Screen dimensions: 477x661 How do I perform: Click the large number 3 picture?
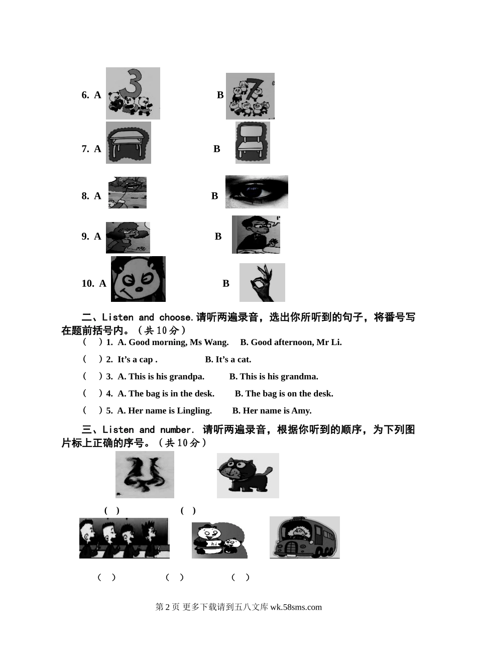(x=133, y=93)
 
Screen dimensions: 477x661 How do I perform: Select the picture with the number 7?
(x=250, y=96)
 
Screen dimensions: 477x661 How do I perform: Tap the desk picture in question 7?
(x=129, y=143)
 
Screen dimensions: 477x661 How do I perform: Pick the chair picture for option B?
(x=253, y=143)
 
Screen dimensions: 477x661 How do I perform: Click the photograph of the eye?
(x=257, y=192)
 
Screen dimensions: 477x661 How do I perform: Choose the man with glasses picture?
(x=256, y=235)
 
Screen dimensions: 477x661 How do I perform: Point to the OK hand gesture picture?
(x=262, y=282)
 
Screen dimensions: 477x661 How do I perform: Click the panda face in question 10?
(x=138, y=279)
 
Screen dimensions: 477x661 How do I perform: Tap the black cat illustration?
(x=248, y=476)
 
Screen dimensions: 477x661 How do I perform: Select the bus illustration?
(x=305, y=537)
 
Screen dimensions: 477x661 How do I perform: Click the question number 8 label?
(x=85, y=196)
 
